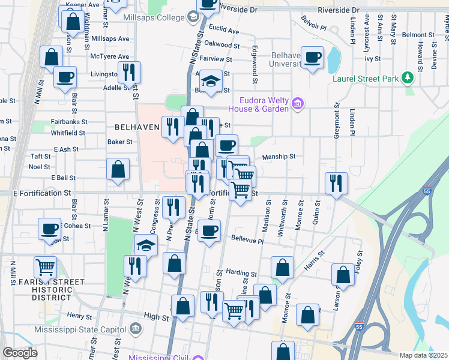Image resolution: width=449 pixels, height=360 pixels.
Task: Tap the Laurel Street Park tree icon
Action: tap(408, 78)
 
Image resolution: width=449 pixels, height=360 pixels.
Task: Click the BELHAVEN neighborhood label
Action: tap(137, 127)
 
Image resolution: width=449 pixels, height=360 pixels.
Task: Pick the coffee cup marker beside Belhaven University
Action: tap(312, 58)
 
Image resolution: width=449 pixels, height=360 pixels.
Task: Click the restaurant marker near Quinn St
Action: tap(336, 182)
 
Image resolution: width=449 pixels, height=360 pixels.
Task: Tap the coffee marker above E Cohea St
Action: tap(50, 229)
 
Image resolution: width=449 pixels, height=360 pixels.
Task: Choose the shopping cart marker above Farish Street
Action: tap(45, 266)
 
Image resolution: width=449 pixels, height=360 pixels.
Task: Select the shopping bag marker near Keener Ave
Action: tap(72, 21)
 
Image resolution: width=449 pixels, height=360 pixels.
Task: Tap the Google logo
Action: tap(20, 353)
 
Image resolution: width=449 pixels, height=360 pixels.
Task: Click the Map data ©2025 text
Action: tap(423, 355)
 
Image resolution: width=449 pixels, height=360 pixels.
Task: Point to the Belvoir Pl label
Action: tap(314, 28)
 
